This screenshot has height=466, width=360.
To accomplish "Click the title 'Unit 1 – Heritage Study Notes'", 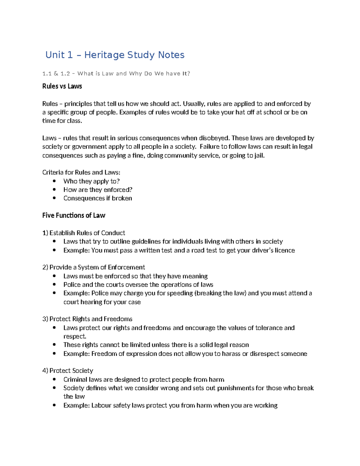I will [115, 55].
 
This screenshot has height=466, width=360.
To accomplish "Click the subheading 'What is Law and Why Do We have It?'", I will [134, 74].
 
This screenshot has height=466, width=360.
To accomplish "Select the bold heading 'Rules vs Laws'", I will [62, 86].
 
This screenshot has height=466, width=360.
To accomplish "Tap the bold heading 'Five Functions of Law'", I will [74, 215].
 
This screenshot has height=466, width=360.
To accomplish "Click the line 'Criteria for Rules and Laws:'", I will [81, 173].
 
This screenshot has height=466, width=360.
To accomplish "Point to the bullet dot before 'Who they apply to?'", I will [54, 181].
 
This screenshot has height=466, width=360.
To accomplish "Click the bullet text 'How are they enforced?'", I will [98, 190].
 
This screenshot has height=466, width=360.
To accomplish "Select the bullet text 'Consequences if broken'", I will [97, 198].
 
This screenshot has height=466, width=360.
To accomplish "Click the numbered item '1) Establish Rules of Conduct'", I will [84, 233].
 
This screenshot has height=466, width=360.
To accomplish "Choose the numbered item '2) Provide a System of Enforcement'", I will [94, 267].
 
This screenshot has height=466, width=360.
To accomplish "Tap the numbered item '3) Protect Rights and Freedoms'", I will [87, 319].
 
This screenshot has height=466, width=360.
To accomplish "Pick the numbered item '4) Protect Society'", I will [68, 371].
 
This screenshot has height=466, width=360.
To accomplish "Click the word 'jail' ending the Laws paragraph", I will [259, 155].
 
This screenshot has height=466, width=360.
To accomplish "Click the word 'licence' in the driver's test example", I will [285, 250].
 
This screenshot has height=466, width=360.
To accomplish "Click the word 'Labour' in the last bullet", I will [101, 405].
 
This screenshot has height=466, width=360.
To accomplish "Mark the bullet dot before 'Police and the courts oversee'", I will [54, 284].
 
